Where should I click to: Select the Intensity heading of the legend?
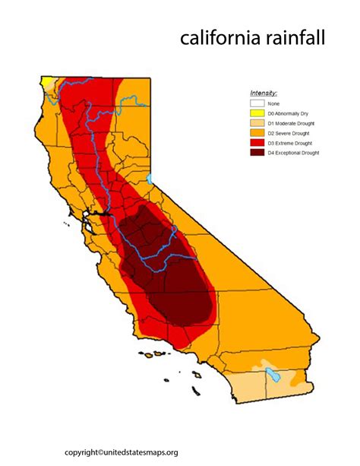pyautogui.click(x=263, y=91)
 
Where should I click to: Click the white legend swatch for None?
pyautogui.click(x=256, y=102)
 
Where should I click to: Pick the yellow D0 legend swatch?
pyautogui.click(x=256, y=112)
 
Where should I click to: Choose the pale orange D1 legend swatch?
pyautogui.click(x=256, y=122)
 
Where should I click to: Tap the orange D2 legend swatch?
pyautogui.click(x=256, y=132)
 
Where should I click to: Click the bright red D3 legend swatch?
pyautogui.click(x=256, y=142)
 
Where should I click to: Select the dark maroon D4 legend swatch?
pyautogui.click(x=256, y=153)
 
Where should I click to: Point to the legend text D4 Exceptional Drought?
pyautogui.click(x=292, y=153)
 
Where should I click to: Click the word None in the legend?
pyautogui.click(x=273, y=102)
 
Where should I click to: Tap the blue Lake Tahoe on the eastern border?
pyautogui.click(x=150, y=179)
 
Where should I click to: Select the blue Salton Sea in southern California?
pyautogui.click(x=270, y=374)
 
